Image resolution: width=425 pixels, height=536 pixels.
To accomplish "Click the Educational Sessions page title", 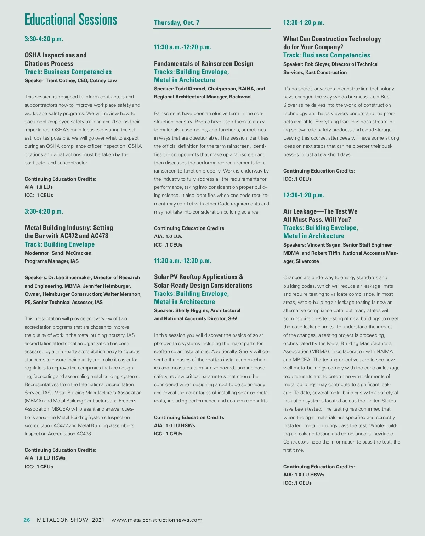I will (x=71, y=20).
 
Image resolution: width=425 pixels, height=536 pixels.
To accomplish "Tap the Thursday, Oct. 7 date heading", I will (x=176, y=23).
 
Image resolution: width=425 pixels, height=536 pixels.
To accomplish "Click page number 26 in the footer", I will (x=27, y=520).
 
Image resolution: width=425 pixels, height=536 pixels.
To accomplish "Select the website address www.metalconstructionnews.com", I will (x=157, y=520).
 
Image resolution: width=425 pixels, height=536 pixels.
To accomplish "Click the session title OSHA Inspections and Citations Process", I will (x=56, y=59).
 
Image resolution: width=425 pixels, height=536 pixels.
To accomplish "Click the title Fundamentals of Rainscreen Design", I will (x=204, y=64).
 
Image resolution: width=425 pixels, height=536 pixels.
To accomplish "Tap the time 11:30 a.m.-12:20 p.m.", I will (x=182, y=47).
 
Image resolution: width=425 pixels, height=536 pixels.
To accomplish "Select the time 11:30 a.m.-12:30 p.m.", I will (x=182, y=261).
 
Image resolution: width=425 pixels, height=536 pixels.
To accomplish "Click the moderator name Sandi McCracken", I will (x=72, y=253).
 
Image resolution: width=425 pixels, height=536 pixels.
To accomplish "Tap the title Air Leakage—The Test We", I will (x=320, y=211).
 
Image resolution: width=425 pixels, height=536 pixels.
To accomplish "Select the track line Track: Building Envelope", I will (x=60, y=244).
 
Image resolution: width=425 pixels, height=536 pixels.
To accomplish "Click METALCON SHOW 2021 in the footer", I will (x=70, y=520).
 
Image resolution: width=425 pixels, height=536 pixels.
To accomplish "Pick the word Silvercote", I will (x=307, y=261).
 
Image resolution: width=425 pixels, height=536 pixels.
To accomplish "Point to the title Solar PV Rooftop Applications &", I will (x=199, y=277).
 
